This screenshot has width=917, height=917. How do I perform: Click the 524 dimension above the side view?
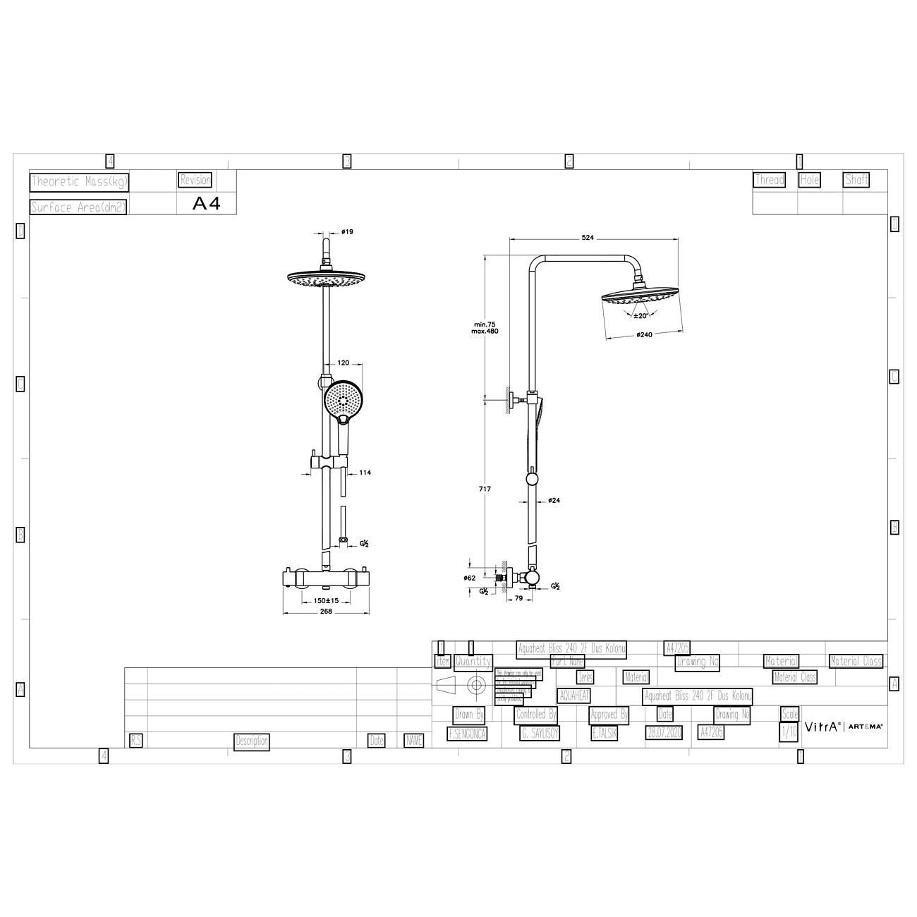pos(587,238)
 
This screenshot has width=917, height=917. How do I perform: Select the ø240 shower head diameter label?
pos(643,334)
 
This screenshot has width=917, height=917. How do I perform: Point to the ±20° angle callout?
pos(640,316)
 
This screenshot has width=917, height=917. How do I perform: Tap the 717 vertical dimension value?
pos(484,489)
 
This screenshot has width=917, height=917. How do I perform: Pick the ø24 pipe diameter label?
pos(554,501)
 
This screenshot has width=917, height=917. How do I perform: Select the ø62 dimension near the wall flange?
pos(470,578)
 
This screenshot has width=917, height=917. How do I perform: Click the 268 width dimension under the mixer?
pos(325,612)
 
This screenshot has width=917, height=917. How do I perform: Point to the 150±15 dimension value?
pos(326,600)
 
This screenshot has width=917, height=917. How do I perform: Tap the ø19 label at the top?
pos(347,231)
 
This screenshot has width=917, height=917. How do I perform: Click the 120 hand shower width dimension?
pos(344,363)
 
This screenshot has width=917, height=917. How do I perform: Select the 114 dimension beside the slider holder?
pos(365,473)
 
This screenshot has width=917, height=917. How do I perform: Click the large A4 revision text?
pos(207,204)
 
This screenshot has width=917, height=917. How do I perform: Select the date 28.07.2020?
pos(664,733)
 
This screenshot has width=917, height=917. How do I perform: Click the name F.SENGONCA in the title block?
pos(467,734)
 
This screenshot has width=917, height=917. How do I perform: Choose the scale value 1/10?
pos(789,732)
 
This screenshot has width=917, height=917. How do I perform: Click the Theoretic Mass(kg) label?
pos(79,182)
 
